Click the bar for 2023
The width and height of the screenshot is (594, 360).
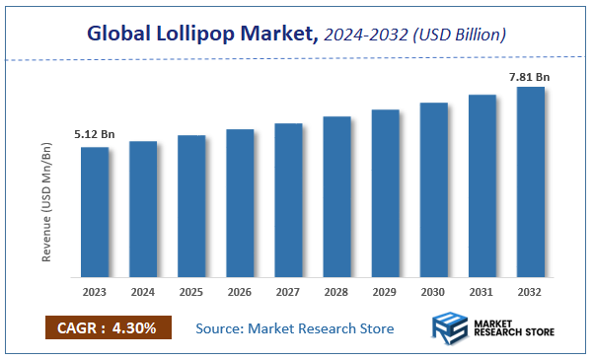tap(95, 212)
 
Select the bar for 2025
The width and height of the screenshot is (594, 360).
tap(191, 206)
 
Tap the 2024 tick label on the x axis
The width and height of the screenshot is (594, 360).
tap(143, 293)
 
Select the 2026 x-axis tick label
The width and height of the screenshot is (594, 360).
tap(240, 293)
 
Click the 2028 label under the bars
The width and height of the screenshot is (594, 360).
tap(336, 293)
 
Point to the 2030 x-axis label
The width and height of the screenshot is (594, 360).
tap(433, 293)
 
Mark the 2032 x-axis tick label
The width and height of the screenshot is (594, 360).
tap(530, 293)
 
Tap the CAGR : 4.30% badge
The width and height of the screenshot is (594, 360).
tap(108, 327)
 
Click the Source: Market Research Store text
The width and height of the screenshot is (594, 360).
tap(295, 327)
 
